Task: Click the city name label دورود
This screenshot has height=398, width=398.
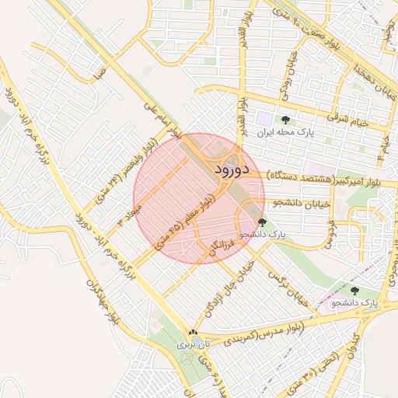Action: pyautogui.click(x=230, y=168)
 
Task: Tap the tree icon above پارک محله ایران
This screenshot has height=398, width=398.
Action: pyautogui.click(x=285, y=120)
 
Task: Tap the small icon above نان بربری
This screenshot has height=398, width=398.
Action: pyautogui.click(x=193, y=332)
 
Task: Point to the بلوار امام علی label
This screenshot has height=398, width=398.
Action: pyautogui.click(x=163, y=118)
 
